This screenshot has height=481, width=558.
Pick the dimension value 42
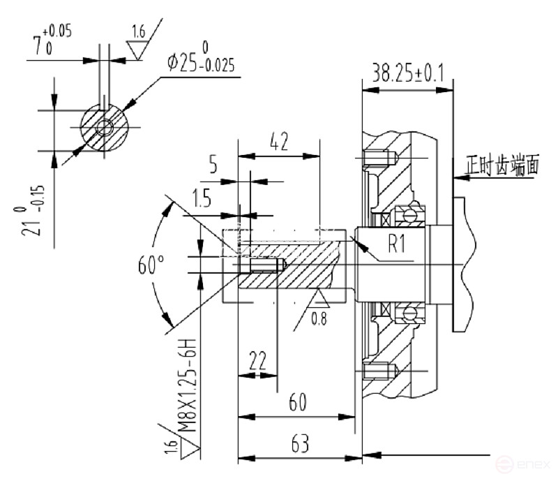(278, 143)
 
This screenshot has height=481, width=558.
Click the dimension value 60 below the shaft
(299, 401)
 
